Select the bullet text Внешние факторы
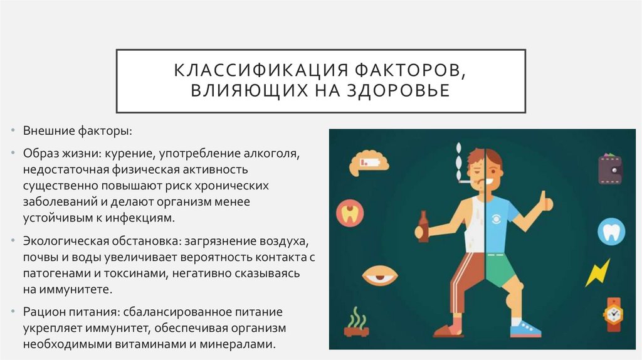78,131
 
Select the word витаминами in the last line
160,344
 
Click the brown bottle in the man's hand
424,228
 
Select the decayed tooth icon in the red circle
349,213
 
